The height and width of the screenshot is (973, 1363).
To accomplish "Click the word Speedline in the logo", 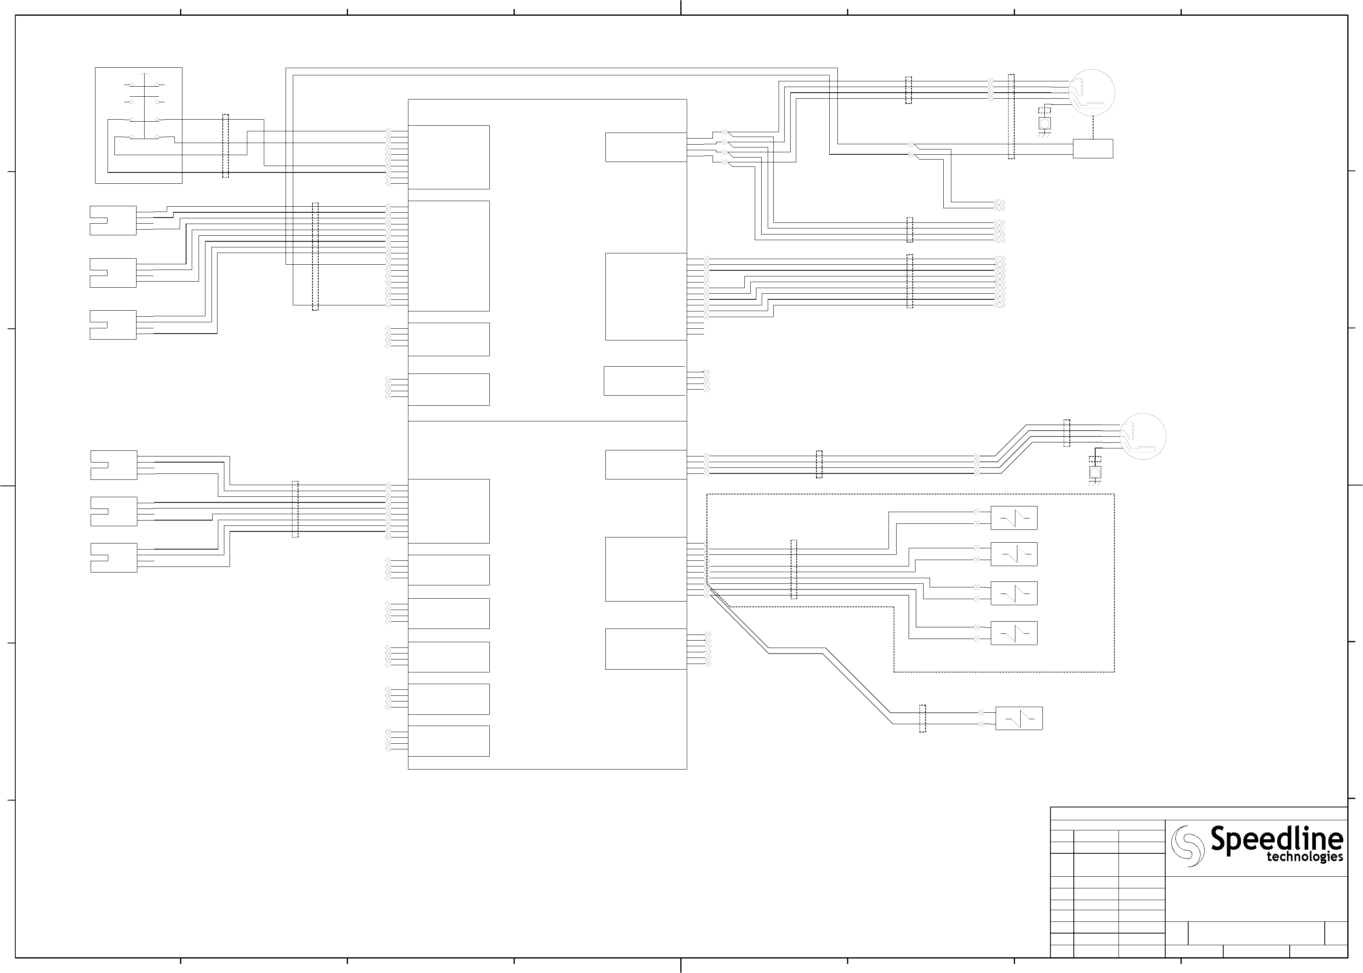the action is [x=1276, y=839].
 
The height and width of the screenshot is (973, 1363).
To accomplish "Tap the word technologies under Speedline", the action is [x=1304, y=857].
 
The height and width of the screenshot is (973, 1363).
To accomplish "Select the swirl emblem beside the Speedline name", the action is [x=1187, y=846].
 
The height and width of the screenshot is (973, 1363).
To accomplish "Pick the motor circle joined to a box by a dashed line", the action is [x=1092, y=92].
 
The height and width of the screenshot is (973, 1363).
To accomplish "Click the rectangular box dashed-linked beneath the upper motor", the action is [x=1092, y=149].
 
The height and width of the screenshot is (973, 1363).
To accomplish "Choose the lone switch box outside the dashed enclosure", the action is [x=1019, y=718].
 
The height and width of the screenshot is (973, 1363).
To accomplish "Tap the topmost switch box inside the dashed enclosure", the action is [x=1014, y=518].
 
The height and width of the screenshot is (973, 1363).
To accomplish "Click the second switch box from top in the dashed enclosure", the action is [x=1014, y=554].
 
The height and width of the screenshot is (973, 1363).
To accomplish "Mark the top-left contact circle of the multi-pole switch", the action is [x=132, y=85].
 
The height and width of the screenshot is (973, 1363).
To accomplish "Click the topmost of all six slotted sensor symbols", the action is [x=113, y=220].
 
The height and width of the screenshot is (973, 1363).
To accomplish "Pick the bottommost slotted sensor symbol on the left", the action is [x=114, y=558].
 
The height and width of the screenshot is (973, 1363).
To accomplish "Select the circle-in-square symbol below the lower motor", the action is [x=1095, y=473].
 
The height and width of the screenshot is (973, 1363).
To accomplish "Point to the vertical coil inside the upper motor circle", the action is [x=1083, y=87].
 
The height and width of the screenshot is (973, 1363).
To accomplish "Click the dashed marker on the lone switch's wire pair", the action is [x=922, y=718].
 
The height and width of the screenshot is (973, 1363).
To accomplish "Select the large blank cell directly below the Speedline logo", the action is [x=1256, y=899].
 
